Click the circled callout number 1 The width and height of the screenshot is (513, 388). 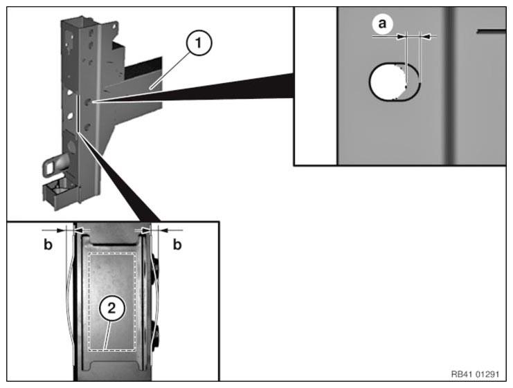[198, 44]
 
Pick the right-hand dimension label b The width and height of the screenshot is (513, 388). [177, 244]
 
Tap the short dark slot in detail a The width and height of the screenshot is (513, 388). [491, 31]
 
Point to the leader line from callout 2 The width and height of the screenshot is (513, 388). [105, 336]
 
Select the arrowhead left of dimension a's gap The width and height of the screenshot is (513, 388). [401, 36]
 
